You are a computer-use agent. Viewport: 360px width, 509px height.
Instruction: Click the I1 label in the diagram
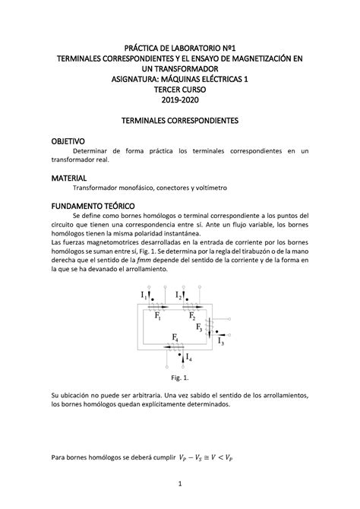pos(143,295)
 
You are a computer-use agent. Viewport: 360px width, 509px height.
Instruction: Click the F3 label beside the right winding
pos(199,328)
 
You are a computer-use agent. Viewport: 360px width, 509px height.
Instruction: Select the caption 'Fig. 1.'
pos(180,378)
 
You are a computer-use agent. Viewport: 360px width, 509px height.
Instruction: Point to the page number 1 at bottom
pos(180,484)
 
